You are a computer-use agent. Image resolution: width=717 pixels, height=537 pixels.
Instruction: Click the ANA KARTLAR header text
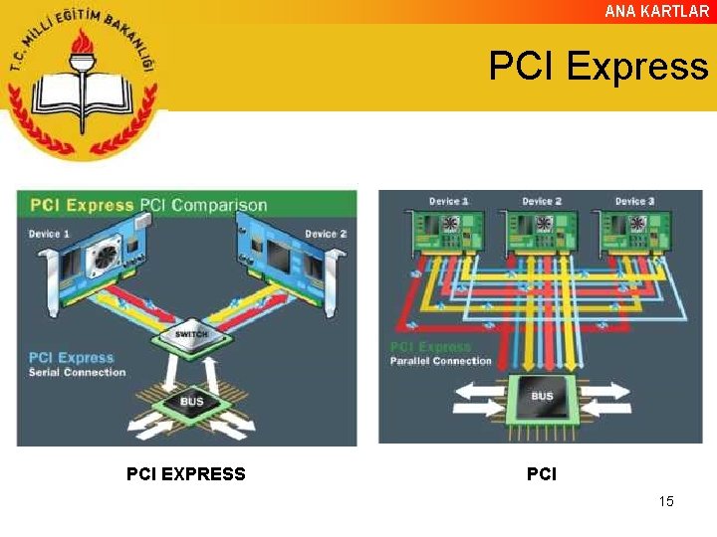tap(657, 12)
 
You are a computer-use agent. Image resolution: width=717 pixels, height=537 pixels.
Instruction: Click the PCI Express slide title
tap(598, 67)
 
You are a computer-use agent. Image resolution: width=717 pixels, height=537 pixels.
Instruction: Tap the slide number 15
tap(666, 501)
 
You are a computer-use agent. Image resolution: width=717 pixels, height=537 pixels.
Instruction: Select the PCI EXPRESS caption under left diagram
tap(185, 474)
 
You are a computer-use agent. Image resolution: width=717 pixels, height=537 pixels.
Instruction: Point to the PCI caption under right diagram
tap(541, 474)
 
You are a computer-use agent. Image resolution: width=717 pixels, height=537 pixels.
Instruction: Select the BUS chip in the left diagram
tap(191, 402)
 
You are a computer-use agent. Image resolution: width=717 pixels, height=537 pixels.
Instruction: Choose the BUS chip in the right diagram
tap(542, 397)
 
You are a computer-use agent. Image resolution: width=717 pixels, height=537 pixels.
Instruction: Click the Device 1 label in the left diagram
tap(50, 234)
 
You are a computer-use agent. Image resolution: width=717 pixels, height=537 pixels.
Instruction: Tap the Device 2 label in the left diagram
tap(326, 235)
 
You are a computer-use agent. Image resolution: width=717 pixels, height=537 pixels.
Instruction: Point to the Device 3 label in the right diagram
tap(635, 202)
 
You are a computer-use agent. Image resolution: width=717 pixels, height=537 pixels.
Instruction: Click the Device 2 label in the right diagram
tap(541, 202)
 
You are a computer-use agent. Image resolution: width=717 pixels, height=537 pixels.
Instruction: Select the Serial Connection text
tap(78, 373)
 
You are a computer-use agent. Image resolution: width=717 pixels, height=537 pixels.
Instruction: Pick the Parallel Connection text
tap(440, 361)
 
